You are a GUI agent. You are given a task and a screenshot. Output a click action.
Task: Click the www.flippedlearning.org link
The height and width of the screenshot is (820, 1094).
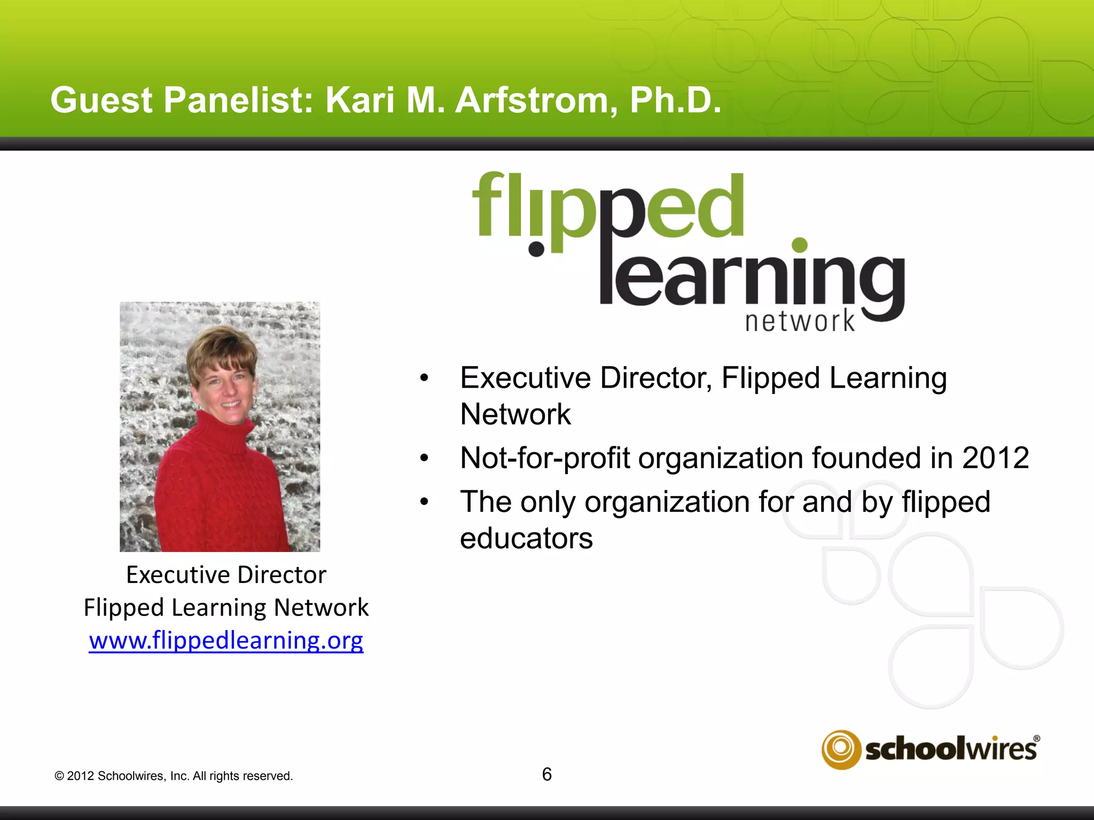coord(226,640)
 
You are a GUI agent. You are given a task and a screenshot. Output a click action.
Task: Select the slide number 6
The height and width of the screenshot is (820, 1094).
coord(546,774)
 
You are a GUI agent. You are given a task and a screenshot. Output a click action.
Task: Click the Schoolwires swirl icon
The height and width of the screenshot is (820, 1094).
coord(841,749)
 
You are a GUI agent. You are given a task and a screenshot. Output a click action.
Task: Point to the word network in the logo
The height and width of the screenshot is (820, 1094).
coord(800,321)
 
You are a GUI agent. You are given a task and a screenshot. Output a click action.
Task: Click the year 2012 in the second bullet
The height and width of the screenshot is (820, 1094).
coord(995,458)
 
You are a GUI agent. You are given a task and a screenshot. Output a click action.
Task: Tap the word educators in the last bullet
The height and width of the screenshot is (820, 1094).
coord(526,538)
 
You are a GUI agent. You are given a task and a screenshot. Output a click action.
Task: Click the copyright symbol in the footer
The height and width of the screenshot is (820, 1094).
coord(59,776)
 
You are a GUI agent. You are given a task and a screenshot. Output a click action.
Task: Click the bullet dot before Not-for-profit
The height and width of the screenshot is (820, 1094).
coord(424,458)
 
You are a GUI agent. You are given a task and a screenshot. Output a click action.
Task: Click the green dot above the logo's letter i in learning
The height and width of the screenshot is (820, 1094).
coord(799,245)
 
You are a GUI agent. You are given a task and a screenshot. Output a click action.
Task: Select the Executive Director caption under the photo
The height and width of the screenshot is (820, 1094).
coord(226,575)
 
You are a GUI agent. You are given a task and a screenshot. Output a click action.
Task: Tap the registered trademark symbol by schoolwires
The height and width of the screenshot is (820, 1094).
coord(1036,739)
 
